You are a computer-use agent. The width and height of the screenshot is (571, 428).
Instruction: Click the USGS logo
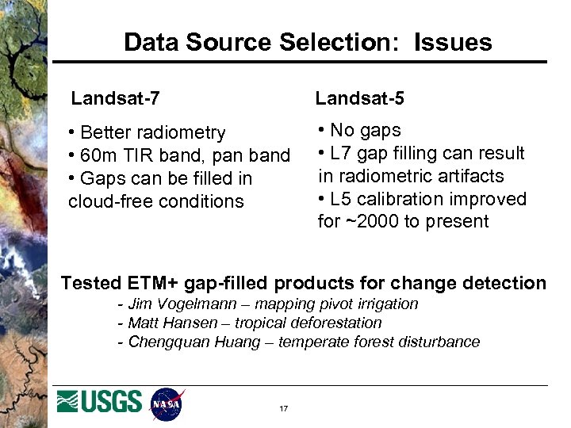coord(100,402)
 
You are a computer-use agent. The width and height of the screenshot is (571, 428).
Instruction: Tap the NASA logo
coord(167,403)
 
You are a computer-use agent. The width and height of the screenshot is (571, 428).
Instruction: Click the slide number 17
coord(283,409)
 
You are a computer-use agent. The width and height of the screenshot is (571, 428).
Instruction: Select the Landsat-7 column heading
coord(116,99)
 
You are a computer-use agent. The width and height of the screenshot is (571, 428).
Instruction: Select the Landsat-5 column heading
coord(359,99)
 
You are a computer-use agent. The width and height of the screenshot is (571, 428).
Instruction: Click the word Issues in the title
coord(453,42)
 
